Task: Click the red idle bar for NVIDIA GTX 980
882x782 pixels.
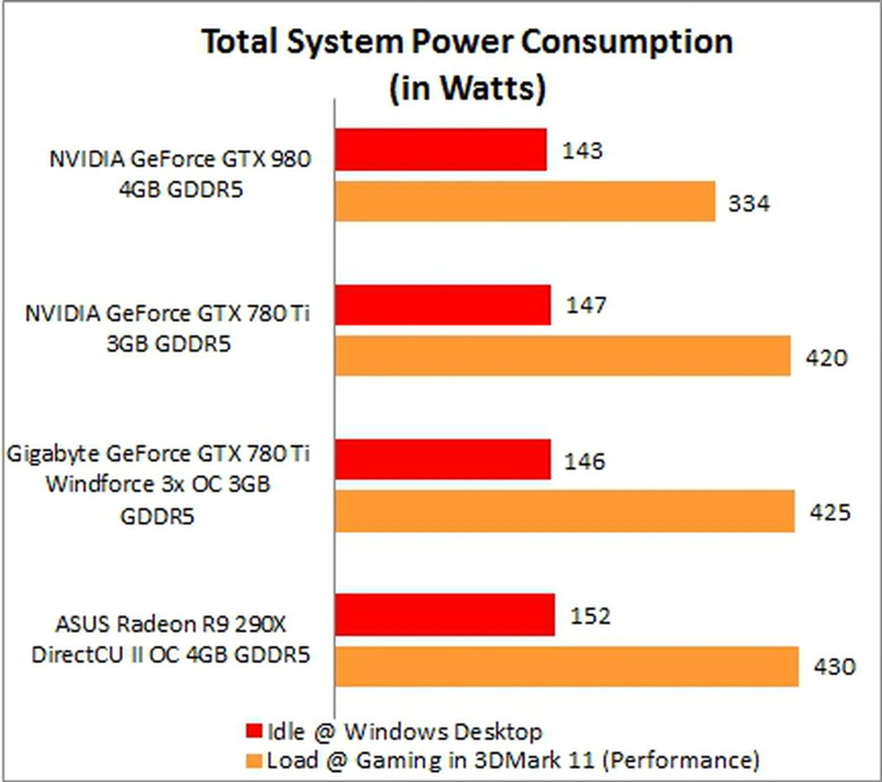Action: tap(441, 150)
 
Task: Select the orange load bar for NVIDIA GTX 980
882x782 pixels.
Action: tap(525, 201)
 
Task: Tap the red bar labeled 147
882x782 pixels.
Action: tap(443, 305)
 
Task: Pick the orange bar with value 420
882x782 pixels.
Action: tap(563, 356)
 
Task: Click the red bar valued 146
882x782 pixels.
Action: tap(443, 459)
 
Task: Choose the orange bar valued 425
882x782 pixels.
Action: tap(565, 511)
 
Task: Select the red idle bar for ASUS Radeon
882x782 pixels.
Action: tap(445, 615)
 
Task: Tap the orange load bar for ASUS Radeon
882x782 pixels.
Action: tap(567, 666)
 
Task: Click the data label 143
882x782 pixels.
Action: tap(582, 151)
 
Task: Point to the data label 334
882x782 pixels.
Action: tap(749, 204)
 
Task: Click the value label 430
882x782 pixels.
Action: tap(835, 667)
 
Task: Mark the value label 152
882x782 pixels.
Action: tap(590, 616)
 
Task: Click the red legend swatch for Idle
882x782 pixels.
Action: tap(254, 731)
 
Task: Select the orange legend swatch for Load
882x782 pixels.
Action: tap(254, 761)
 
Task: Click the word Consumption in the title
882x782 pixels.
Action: tap(627, 42)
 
